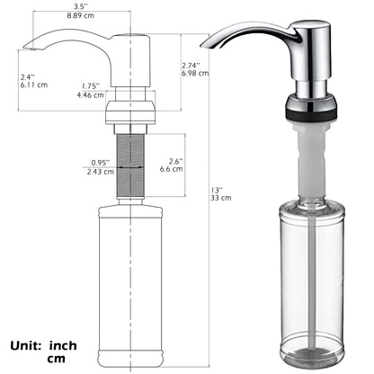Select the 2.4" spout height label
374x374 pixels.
[28, 76]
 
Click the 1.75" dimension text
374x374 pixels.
[88, 85]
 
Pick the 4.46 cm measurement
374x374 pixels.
[89, 94]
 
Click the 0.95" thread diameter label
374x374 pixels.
[100, 162]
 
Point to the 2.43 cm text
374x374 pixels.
[101, 171]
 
